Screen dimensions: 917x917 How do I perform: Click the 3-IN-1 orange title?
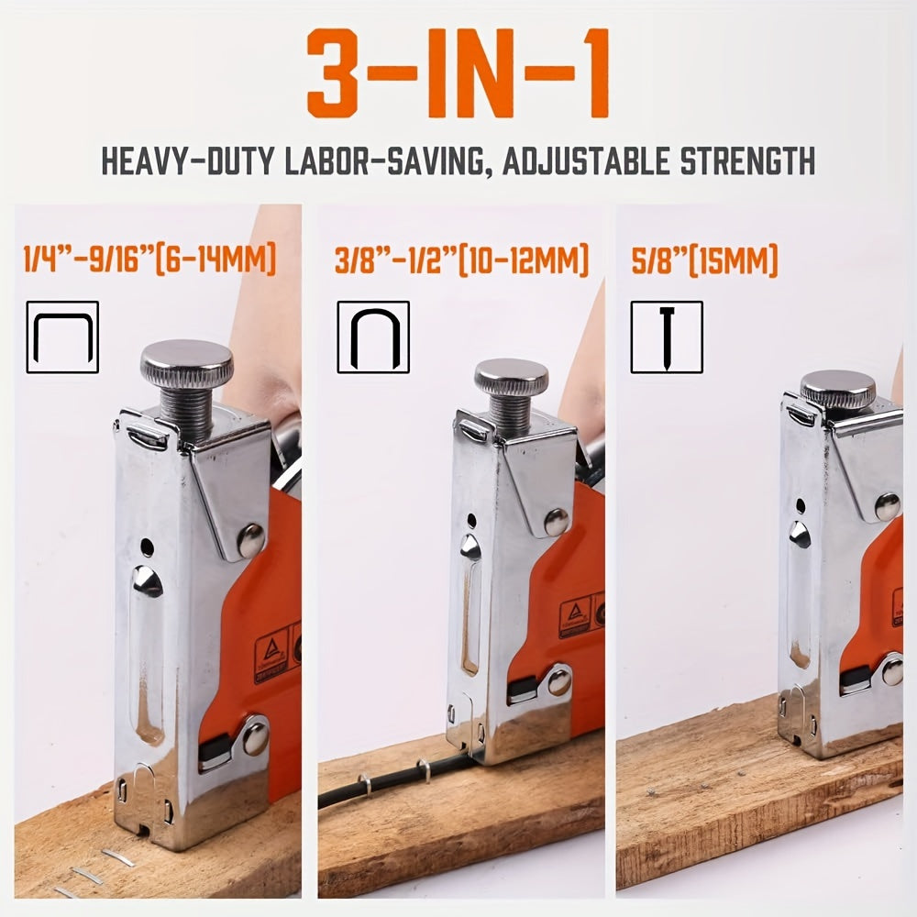pyautogui.click(x=458, y=74)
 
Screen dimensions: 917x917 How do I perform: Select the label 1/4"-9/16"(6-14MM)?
pyautogui.click(x=149, y=260)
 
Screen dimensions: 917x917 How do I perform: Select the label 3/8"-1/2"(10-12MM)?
pyautogui.click(x=461, y=260)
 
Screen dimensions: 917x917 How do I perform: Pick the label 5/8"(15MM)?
pyautogui.click(x=703, y=260)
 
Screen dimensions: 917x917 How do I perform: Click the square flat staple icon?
pyautogui.click(x=62, y=337)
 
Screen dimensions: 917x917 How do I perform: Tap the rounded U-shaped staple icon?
pyautogui.click(x=373, y=337)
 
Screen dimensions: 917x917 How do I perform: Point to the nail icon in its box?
pyautogui.click(x=667, y=337)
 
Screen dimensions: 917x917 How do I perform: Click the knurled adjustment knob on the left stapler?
pyautogui.click(x=187, y=363)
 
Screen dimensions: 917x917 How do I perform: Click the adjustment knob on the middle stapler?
pyautogui.click(x=511, y=376)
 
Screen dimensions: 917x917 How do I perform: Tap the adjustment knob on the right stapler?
pyautogui.click(x=838, y=389)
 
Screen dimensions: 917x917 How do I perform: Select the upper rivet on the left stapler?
pyautogui.click(x=250, y=541)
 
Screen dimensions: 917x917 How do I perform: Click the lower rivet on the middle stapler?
pyautogui.click(x=558, y=680)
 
